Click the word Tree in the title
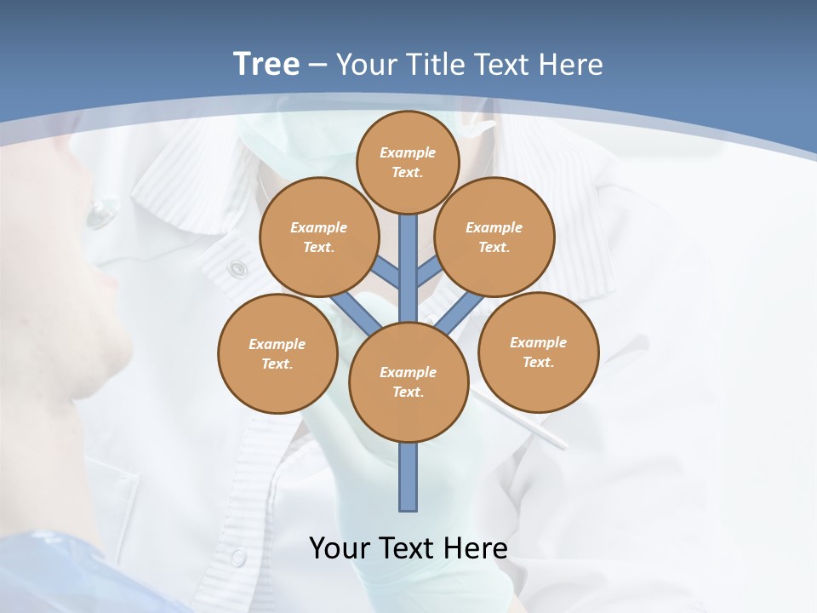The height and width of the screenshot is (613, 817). pos(266,64)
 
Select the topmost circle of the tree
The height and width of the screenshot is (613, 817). pos(408,162)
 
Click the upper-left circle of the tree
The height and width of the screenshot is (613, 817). pos(319,237)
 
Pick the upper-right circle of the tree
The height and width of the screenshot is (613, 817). pos(494,237)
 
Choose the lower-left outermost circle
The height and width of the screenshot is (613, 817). pos(277,353)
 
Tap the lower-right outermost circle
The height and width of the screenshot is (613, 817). pos(539,352)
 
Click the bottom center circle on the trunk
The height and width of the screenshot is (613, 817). pos(408,381)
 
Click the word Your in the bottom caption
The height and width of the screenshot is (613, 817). pos(339,547)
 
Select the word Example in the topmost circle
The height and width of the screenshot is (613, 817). pos(408,152)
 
